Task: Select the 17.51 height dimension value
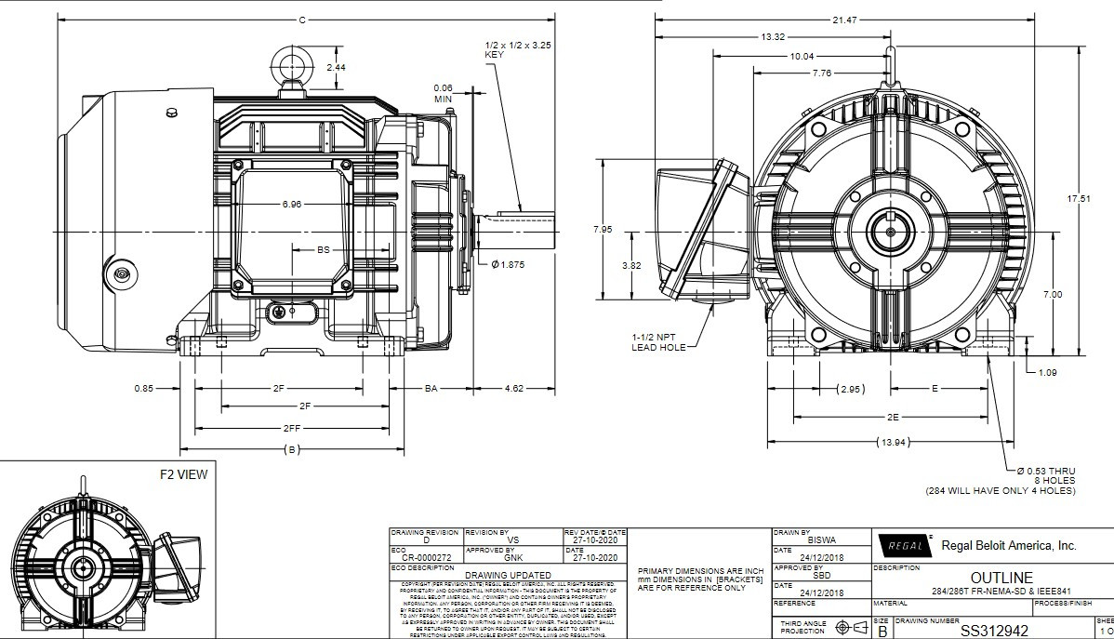tap(1078, 199)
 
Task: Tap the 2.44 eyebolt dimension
tap(337, 68)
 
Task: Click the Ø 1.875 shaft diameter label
tap(508, 264)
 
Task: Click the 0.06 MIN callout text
tap(443, 93)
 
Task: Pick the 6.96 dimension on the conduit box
tap(292, 205)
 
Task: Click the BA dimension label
tap(431, 388)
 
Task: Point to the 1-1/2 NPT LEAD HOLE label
tap(658, 342)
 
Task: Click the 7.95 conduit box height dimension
tap(603, 229)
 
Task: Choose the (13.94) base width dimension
tap(892, 441)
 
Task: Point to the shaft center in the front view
tap(891, 230)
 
